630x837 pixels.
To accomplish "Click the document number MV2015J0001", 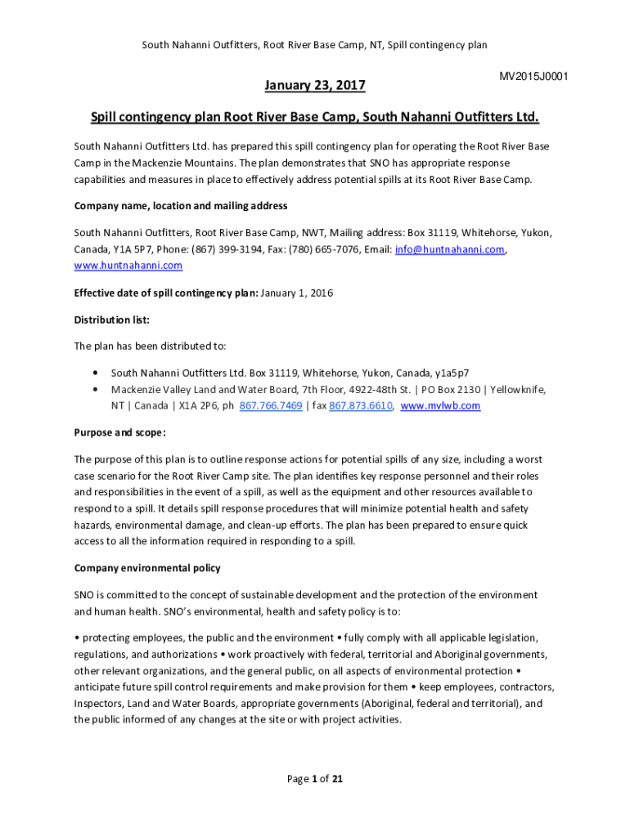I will click(533, 77).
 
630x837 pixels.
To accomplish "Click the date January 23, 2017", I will click(314, 85).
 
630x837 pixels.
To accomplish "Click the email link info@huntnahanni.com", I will click(449, 249).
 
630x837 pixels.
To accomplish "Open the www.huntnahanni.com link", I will click(128, 266).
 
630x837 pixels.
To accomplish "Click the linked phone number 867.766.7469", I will click(270, 405).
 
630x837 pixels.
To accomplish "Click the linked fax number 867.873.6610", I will click(361, 405).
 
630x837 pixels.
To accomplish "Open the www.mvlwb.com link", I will click(440, 405).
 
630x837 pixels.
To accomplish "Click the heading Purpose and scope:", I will click(119, 432).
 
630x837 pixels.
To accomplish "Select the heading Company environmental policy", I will click(147, 567).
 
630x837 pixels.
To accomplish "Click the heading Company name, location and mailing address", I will click(181, 205).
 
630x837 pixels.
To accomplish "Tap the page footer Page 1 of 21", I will click(314, 779).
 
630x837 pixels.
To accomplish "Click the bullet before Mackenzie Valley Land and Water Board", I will click(98, 389).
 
